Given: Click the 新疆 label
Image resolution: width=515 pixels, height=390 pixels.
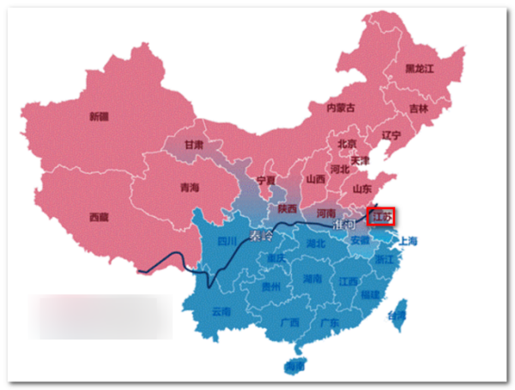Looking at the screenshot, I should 100,117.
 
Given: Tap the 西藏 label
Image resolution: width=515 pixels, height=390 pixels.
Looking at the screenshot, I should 100,218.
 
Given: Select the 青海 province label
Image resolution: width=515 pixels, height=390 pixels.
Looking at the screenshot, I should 190,187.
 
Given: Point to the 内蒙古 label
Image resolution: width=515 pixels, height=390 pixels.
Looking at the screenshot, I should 340,108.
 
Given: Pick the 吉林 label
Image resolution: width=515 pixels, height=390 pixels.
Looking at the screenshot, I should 418,109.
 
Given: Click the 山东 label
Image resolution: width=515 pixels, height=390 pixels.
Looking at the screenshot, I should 362,189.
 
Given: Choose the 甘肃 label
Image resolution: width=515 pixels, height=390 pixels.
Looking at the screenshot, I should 194,145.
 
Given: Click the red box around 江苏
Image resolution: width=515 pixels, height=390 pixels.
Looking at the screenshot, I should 380,216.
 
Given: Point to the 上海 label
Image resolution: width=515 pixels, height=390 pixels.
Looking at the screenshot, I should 407,241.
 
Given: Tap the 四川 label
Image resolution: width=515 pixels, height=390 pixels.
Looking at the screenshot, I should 227,241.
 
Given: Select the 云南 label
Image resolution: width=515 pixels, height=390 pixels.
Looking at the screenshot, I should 221,312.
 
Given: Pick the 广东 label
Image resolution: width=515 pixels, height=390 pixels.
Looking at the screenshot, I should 329,323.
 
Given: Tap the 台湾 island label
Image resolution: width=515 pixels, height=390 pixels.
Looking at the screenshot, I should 396,315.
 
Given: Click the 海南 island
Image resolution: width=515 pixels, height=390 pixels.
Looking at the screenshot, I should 295,367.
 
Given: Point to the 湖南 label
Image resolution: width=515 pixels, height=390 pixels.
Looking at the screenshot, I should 312,279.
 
